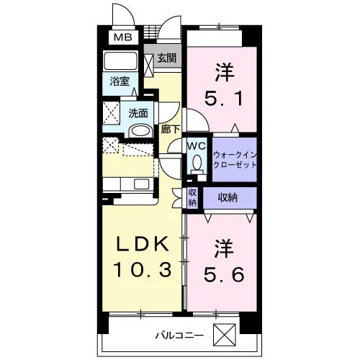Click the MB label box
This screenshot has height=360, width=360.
pyautogui.click(x=122, y=37)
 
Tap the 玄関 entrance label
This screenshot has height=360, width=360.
pyautogui.click(x=166, y=58)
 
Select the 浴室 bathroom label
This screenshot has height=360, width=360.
pyautogui.click(x=120, y=81)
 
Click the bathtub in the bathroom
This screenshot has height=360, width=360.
pyautogui.click(x=120, y=60)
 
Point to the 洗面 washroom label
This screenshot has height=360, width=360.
pyautogui.click(x=138, y=113)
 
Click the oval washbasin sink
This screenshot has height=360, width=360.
pyautogui.click(x=140, y=131)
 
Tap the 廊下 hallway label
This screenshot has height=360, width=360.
pyautogui.click(x=170, y=130)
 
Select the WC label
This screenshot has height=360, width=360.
pyautogui.click(x=197, y=145)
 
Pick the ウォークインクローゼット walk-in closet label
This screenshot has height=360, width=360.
pyautogui.click(x=235, y=160)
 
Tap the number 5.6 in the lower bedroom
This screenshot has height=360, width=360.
pyautogui.click(x=224, y=274)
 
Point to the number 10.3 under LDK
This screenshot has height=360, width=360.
pyautogui.click(x=143, y=269)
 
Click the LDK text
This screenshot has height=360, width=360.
pyautogui.click(x=143, y=244)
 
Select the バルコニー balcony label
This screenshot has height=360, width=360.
pyautogui.click(x=179, y=336)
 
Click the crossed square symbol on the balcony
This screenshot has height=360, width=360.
pyautogui.click(x=225, y=335)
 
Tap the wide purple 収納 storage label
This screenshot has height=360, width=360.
pyautogui.click(x=228, y=197)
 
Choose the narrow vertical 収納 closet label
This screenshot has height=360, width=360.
pyautogui.click(x=192, y=197)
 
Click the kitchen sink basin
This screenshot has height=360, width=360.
pyautogui.click(x=141, y=184)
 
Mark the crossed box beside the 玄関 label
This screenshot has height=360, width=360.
pyautogui.click(x=149, y=65)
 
